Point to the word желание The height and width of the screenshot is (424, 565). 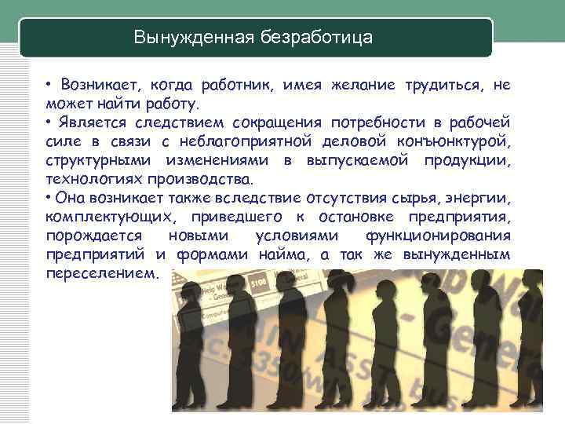pos(363,85)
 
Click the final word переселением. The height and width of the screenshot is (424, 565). pos(102,274)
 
